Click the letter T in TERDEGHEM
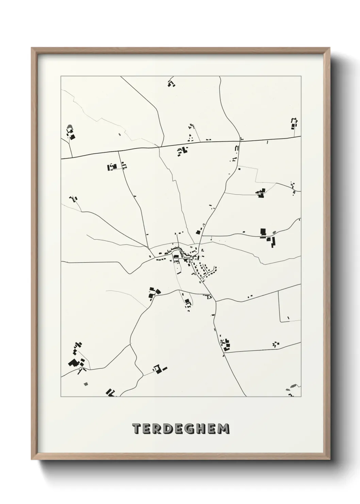tap(136, 428)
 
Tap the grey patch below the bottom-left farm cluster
tap(85, 384)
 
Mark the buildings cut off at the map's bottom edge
tap(111, 393)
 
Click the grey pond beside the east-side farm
tap(274, 233)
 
